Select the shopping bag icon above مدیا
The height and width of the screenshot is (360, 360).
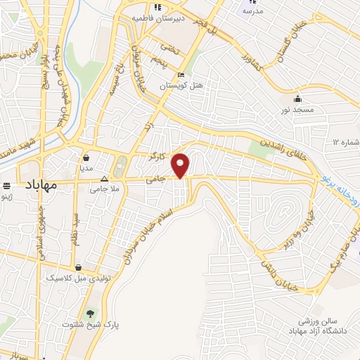(x=86, y=158)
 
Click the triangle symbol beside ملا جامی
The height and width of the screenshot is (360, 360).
(x=105, y=179)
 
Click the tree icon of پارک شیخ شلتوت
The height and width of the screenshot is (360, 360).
(x=89, y=313)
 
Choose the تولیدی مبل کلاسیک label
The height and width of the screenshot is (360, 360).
(x=75, y=278)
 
